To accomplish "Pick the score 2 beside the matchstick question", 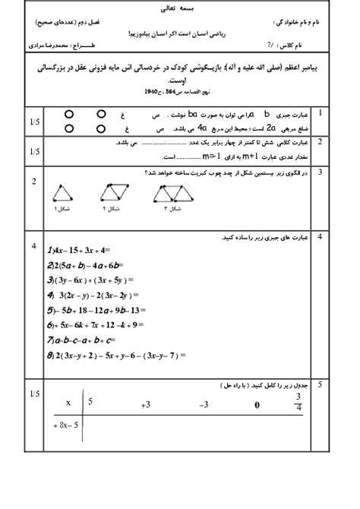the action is (x=34, y=181).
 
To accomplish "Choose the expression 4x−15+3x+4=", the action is (x=79, y=251).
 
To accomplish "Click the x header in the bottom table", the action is (x=68, y=403).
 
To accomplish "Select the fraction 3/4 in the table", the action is (x=299, y=403).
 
